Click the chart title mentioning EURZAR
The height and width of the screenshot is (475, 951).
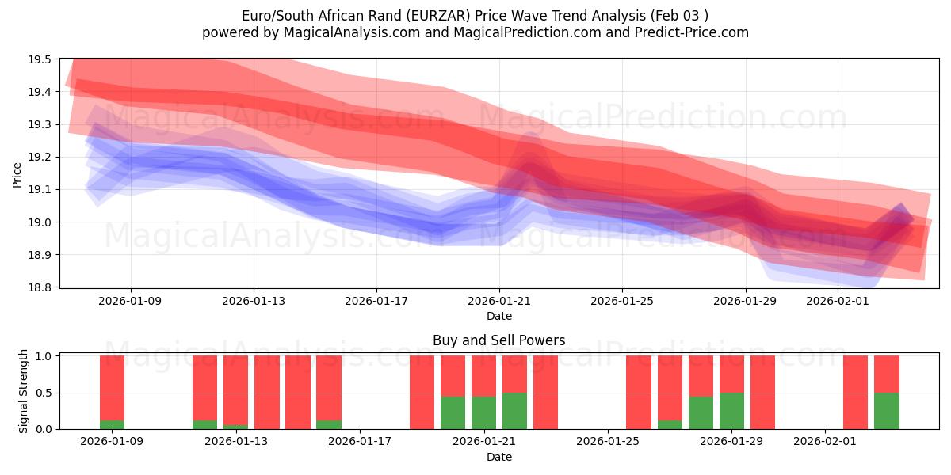pyautogui.click(x=475, y=15)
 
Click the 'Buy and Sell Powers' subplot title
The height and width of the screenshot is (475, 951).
pyautogui.click(x=498, y=340)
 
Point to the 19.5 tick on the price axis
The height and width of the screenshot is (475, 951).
pyautogui.click(x=40, y=59)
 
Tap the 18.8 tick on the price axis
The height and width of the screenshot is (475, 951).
pyautogui.click(x=40, y=287)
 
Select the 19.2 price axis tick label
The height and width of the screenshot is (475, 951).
pyautogui.click(x=40, y=158)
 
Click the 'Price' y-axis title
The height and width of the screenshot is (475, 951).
pyautogui.click(x=17, y=174)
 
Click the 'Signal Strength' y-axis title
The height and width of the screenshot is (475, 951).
pyautogui.click(x=24, y=391)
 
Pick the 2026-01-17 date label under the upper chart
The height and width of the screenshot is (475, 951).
pyautogui.click(x=376, y=301)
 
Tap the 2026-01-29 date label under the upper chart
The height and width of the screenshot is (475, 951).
pyautogui.click(x=745, y=301)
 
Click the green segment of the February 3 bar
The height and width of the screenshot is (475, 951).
pyautogui.click(x=886, y=411)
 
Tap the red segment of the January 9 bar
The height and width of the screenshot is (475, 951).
pyautogui.click(x=112, y=388)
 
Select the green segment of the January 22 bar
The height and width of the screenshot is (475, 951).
pyautogui.click(x=514, y=411)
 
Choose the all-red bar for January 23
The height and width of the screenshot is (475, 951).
pyautogui.click(x=545, y=392)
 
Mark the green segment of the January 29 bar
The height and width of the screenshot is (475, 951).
pyautogui.click(x=731, y=411)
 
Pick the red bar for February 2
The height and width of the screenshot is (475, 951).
pyautogui.click(x=855, y=392)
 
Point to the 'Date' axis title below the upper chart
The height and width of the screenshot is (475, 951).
pyautogui.click(x=498, y=316)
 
